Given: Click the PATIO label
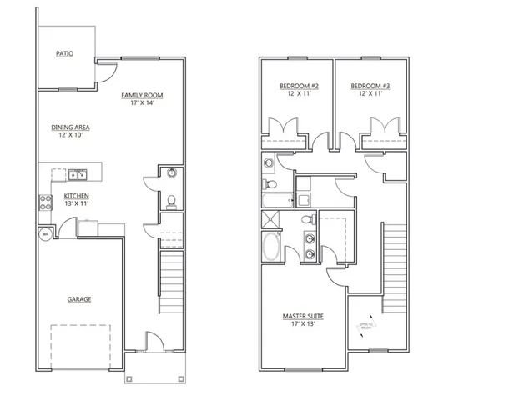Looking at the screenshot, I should [x=64, y=53].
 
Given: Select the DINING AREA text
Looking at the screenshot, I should [x=70, y=127].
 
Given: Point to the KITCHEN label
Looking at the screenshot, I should [x=75, y=197].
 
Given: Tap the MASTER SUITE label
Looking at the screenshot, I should [x=302, y=316].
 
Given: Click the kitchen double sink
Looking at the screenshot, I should [x=77, y=175].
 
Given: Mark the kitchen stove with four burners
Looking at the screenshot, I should [x=44, y=199].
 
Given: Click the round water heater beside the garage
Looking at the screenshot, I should [x=44, y=235].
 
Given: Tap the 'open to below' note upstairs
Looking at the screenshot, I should [x=365, y=327].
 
